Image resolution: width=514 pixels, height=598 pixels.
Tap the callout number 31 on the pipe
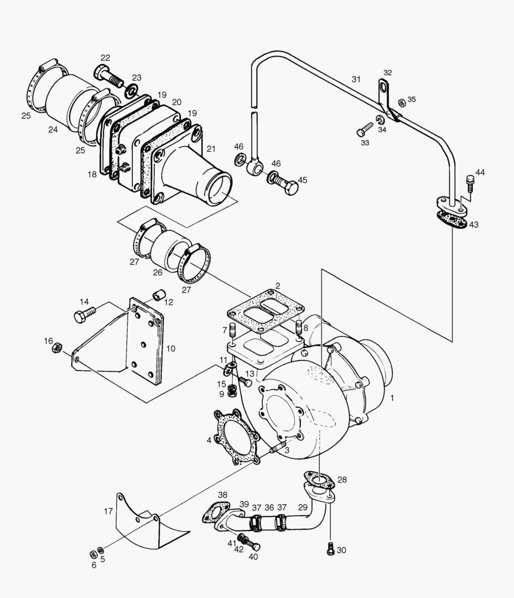tap(356, 80)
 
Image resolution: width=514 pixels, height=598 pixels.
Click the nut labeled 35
tap(402, 102)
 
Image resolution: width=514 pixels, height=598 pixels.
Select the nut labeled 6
tap(93, 554)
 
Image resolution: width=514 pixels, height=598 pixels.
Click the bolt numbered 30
tap(330, 549)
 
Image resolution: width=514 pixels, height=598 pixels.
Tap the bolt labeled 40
tap(253, 545)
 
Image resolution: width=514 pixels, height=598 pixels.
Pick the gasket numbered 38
tap(215, 513)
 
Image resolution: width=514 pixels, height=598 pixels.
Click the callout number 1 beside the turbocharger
tap(392, 398)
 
